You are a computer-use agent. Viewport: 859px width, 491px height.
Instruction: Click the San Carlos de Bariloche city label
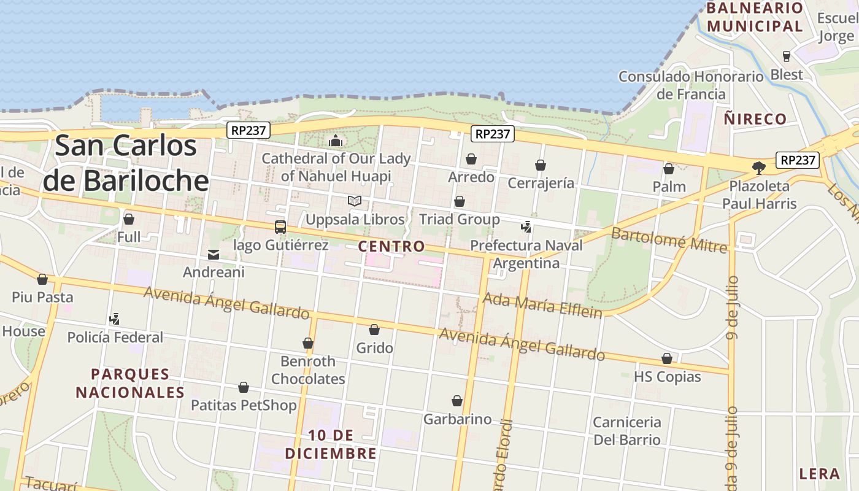pos(126,163)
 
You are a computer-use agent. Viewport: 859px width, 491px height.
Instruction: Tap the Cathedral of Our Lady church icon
pos(336,141)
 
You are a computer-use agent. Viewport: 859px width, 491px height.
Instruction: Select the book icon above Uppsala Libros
pos(355,201)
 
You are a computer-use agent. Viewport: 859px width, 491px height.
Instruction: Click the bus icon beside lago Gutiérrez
pos(280,227)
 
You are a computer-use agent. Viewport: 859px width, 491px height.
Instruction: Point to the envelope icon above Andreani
pos(214,254)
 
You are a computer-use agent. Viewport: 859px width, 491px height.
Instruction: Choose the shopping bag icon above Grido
pos(374,330)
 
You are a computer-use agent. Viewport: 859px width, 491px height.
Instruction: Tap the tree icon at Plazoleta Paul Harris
pos(759,168)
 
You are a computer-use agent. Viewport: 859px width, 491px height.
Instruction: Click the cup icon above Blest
pos(787,56)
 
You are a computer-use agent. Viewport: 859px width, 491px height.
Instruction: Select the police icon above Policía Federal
pos(114,319)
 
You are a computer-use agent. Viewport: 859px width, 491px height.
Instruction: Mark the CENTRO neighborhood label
pos(391,247)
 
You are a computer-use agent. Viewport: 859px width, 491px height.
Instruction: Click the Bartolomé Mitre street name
pos(669,239)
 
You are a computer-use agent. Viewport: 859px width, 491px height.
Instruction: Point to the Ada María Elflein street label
pos(542,305)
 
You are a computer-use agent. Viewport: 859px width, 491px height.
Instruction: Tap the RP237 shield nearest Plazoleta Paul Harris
pos(798,160)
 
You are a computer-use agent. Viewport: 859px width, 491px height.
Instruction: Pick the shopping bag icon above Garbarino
pos(457,401)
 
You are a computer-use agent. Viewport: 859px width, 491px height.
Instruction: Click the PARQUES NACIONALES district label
pos(130,383)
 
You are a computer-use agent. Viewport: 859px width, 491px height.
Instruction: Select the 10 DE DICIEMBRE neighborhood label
pos(331,444)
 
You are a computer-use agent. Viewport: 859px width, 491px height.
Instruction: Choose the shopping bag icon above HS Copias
pos(667,358)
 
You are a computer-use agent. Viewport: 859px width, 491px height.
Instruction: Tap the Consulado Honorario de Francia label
pos(691,85)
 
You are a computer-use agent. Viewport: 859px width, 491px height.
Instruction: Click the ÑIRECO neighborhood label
pos(755,119)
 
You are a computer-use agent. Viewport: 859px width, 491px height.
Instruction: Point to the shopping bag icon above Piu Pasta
pos(42,279)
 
